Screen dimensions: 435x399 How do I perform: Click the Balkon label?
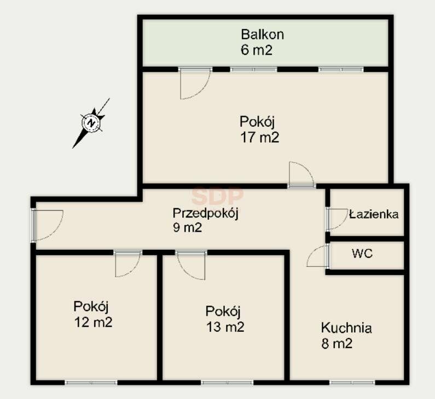click(x=262, y=34)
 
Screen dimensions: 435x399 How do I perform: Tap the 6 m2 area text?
click(x=256, y=50)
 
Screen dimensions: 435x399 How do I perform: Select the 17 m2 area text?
click(x=260, y=137)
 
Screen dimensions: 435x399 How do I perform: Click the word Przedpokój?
click(x=206, y=214)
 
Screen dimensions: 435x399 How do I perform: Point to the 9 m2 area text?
click(x=187, y=227)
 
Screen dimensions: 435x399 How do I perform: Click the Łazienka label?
click(x=374, y=214)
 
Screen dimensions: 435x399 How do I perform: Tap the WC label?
click(x=362, y=254)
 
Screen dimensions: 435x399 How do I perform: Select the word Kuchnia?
click(x=346, y=328)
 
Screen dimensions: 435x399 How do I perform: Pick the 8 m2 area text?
click(x=337, y=344)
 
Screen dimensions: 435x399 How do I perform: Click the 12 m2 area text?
click(x=93, y=322)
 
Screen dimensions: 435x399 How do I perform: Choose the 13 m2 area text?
click(x=225, y=327)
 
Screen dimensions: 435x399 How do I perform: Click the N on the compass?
click(x=91, y=123)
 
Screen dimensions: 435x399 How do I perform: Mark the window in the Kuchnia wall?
click(x=352, y=383)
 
